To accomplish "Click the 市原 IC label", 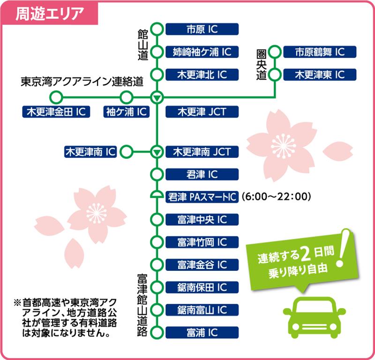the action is point(202,29).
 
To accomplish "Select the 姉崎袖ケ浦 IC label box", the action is point(202,52).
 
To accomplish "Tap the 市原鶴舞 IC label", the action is point(320,52).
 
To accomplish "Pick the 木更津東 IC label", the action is point(320,75).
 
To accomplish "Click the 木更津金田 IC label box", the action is point(56,112).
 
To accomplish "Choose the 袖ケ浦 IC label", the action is point(126,112).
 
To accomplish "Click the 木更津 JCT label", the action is point(202,112).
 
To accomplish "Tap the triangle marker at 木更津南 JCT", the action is point(157,152).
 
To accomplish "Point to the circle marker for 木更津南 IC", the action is point(126,152).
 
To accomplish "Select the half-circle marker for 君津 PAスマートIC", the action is point(157,195).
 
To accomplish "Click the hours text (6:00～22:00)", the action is point(276,197).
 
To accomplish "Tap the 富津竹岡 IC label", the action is point(202,242).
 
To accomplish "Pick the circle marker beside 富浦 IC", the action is point(157,333).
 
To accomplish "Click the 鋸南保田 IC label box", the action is point(202,287).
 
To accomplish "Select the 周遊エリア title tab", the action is point(50,13).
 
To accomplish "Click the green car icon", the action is point(314,317).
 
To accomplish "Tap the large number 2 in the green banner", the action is point(306,255).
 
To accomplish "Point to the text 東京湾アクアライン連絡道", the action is point(82,82).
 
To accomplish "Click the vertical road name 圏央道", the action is point(262,65).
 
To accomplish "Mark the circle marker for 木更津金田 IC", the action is point(56,98).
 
